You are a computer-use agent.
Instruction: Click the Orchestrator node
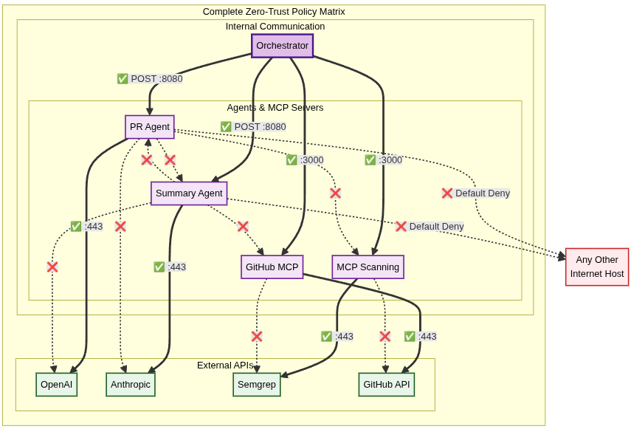tap(282, 46)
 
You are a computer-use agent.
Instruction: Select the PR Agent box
tap(150, 127)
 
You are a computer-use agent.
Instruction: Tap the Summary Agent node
tap(189, 193)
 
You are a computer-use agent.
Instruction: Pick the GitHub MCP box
tap(272, 267)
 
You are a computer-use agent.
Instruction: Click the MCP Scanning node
tap(368, 267)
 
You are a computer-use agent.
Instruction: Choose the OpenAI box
tap(56, 385)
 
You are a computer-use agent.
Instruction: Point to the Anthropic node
tap(131, 385)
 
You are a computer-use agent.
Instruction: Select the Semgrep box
tap(257, 385)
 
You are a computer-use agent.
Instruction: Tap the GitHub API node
tap(386, 385)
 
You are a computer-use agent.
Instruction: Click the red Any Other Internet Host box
tap(596, 267)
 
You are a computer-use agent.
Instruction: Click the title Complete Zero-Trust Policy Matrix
tap(274, 12)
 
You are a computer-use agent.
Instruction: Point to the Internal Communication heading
tap(275, 27)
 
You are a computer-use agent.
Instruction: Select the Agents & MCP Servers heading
tap(275, 108)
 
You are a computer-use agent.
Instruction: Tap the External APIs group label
tap(225, 365)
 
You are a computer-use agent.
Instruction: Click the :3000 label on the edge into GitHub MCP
tap(305, 160)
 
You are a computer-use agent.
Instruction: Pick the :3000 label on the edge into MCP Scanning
tap(384, 160)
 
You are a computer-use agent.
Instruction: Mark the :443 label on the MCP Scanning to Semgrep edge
tap(337, 337)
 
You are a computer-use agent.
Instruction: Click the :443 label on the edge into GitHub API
tap(421, 337)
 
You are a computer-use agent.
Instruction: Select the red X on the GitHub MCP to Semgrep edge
tap(257, 337)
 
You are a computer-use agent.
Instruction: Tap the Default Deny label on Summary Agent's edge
tap(430, 227)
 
